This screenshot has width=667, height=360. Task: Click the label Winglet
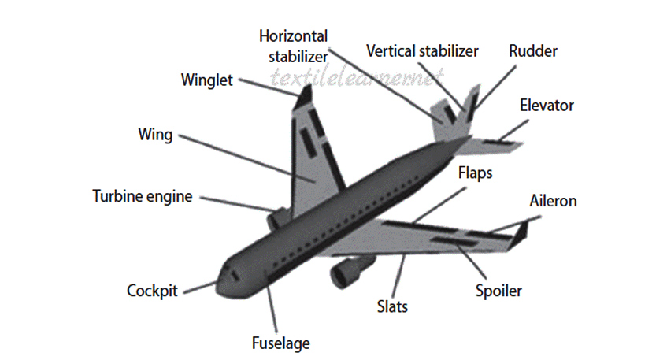206,80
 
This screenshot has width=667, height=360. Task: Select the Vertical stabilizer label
422,51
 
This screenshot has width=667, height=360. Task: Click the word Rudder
532,51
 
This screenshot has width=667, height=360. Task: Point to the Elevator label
547,105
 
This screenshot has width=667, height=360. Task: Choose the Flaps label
475,173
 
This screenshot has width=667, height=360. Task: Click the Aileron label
553,201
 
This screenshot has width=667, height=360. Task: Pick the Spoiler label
498,291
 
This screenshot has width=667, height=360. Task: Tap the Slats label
391,306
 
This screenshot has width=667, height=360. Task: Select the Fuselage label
280,343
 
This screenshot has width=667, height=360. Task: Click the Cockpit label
153,291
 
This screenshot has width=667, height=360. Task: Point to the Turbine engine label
142,196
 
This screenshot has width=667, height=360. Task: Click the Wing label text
154,134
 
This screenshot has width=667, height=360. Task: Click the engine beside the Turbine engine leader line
278,217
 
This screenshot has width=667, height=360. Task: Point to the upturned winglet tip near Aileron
522,231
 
